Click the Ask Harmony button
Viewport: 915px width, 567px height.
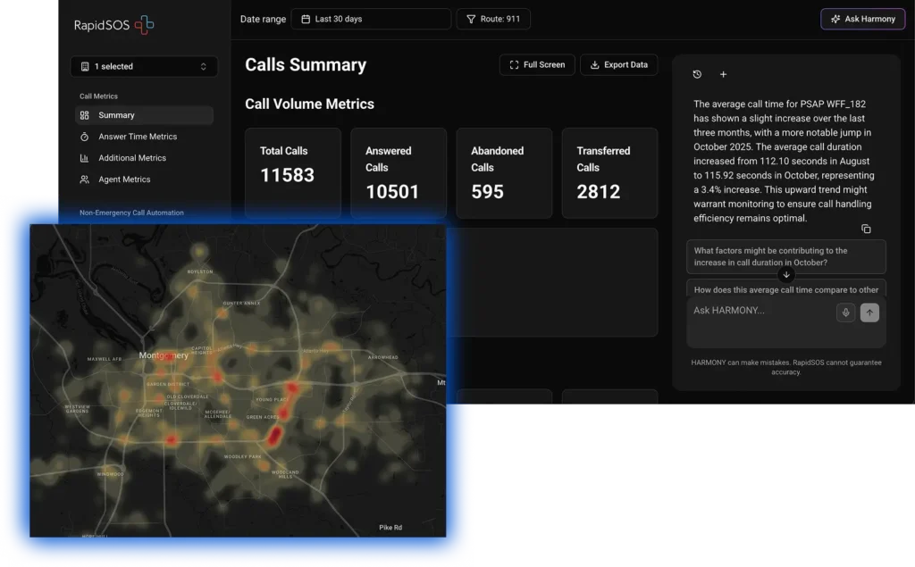[862, 19]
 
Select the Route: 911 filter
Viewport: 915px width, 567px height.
[493, 19]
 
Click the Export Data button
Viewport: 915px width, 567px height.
[618, 64]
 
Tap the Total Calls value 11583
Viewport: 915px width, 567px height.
[287, 175]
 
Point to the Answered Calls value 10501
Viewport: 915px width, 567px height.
[392, 191]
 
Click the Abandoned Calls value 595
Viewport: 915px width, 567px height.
[487, 191]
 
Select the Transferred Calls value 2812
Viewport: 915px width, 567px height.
[598, 191]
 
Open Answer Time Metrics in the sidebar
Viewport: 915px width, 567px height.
[137, 137]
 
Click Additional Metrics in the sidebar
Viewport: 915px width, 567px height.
[131, 158]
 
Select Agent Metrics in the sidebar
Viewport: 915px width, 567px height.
[123, 179]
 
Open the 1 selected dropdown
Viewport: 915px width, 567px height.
[144, 66]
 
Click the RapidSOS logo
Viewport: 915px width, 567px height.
[114, 25]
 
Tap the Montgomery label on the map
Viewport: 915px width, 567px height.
[164, 355]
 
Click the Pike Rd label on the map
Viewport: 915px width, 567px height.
[391, 527]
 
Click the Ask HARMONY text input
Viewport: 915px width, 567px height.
[760, 311]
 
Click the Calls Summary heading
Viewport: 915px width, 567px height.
[306, 65]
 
